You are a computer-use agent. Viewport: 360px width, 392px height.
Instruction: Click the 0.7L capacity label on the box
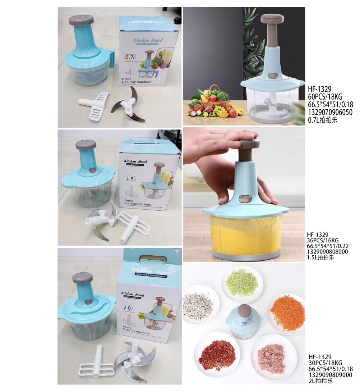click(x=130, y=57)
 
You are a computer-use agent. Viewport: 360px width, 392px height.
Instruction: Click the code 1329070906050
click(x=330, y=113)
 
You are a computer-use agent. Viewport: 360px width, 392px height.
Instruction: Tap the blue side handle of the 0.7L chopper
click(x=112, y=59)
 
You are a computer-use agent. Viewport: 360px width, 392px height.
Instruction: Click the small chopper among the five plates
click(x=244, y=320)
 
